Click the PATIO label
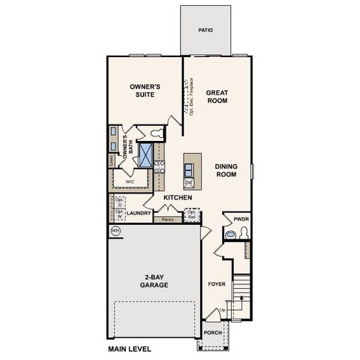coord(205,31)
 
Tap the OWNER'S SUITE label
coord(146,91)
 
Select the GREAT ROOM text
coord(217,97)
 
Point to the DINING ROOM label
coord(226,169)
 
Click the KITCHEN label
coord(178,197)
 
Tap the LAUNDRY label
coord(139,213)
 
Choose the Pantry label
coord(167,220)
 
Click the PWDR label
coord(240,219)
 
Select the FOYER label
coord(217,284)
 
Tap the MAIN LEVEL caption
coord(130,349)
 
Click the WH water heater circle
coord(116,232)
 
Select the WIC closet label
coord(130,181)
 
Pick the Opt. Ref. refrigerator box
coord(192,214)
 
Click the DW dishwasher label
coord(189,182)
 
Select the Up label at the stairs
coord(223,310)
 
